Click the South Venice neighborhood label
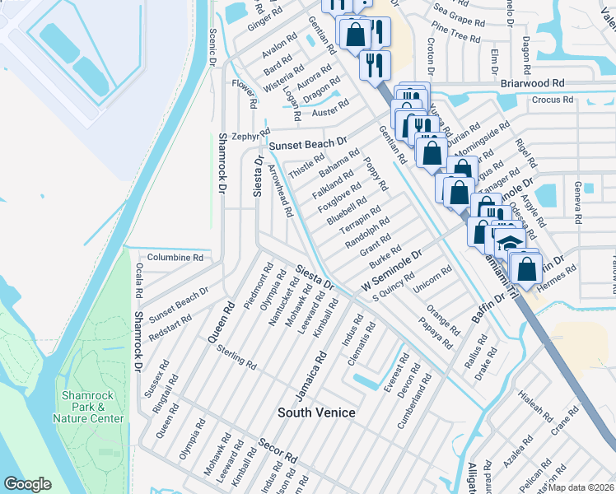point(316,412)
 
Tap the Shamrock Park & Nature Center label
point(93,407)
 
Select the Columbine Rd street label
point(175,258)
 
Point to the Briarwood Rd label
point(532,83)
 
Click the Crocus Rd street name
point(552,100)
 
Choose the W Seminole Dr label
point(391,270)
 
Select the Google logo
point(27,483)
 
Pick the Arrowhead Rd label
point(281,189)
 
